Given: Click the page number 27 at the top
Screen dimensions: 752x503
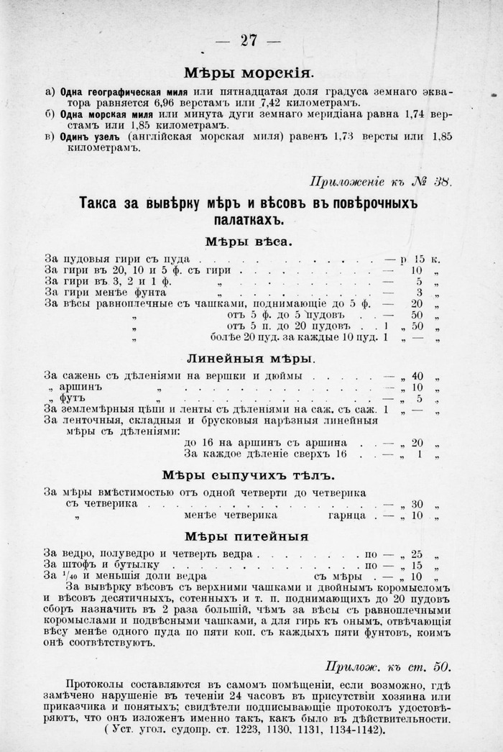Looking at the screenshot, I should (249, 40).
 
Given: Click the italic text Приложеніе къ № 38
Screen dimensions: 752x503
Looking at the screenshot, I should (381, 181).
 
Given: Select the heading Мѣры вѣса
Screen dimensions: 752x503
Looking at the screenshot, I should (248, 242).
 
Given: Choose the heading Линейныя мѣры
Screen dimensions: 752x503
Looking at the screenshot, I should (249, 357).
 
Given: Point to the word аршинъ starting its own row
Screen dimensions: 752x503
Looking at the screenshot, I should (78, 388).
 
